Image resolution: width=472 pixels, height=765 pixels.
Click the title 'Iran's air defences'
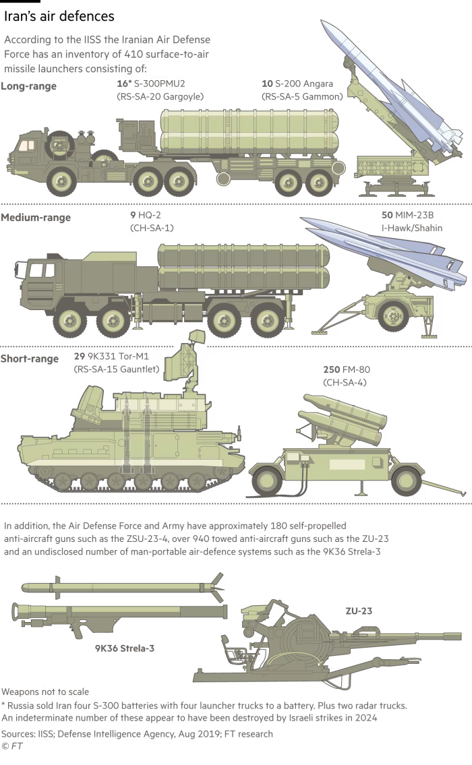(59, 16)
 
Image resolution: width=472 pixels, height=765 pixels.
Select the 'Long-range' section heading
(29, 86)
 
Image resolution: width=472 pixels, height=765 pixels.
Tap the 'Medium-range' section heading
(36, 218)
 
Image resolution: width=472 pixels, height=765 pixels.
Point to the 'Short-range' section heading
(29, 359)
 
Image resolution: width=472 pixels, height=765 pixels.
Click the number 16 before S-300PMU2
(122, 84)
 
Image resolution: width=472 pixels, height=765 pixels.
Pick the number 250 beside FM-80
(332, 370)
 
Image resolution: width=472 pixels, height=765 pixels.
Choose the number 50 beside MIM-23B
(387, 215)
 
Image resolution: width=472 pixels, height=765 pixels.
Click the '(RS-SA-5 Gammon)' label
(302, 96)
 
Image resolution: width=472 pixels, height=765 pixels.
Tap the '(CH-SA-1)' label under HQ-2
(152, 228)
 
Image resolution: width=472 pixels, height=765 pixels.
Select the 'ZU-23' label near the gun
(359, 611)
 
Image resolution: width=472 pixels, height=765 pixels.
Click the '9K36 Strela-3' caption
(125, 648)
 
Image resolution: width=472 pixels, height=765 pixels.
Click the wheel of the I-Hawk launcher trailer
(393, 315)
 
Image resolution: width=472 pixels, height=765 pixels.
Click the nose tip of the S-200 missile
(322, 21)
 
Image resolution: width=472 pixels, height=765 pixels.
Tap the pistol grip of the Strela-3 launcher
(78, 632)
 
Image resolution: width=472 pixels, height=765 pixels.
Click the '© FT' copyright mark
(11, 746)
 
